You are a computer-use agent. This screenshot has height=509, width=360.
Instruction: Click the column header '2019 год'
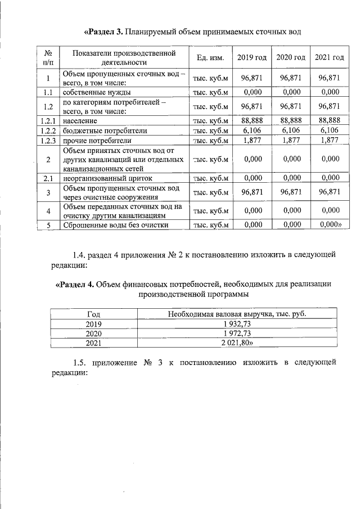point(251,57)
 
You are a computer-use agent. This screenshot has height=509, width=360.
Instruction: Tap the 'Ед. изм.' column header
point(210,57)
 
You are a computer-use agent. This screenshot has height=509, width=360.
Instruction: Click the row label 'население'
point(80,120)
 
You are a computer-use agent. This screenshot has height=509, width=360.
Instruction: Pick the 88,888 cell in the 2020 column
point(291,120)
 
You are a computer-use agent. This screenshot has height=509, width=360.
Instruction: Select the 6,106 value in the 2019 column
point(251,130)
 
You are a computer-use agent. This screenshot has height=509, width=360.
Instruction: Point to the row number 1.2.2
point(48,130)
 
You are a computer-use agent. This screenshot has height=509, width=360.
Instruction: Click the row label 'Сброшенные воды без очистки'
point(115,225)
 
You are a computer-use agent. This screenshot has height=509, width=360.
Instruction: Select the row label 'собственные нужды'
point(97,92)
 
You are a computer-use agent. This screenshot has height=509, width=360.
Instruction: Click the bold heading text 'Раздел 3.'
point(103,31)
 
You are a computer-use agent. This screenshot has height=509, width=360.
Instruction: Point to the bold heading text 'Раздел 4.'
point(75,284)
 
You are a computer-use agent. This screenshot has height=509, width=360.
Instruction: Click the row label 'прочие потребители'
point(97,141)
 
